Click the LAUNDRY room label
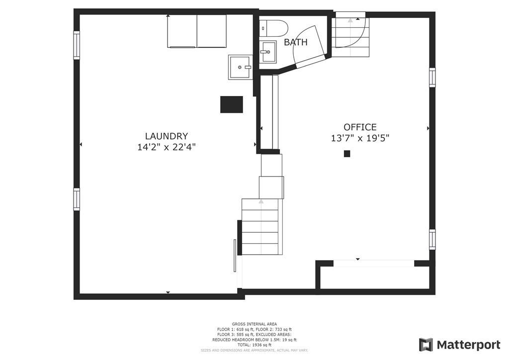click(166, 136)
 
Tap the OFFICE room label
click(360, 127)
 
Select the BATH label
click(295, 42)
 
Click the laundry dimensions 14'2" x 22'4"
click(166, 147)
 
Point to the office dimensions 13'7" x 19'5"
click(360, 138)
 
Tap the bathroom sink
click(268, 52)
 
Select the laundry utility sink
click(240, 67)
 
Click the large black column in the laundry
click(232, 104)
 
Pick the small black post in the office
click(347, 154)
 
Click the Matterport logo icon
click(426, 345)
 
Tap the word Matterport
click(468, 345)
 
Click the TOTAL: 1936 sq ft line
click(254, 345)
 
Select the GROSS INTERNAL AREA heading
click(254, 324)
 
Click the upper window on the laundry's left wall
click(77, 45)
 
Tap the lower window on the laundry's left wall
click(77, 199)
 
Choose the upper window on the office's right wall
click(432, 77)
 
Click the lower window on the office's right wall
click(432, 240)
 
